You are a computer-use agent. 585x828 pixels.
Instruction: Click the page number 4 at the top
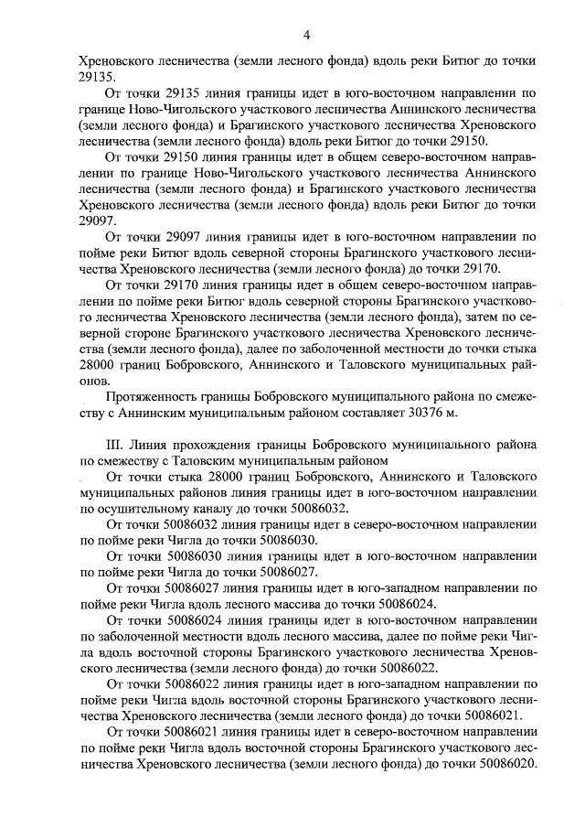point(306,35)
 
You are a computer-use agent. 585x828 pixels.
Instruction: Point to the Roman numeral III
point(114,445)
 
